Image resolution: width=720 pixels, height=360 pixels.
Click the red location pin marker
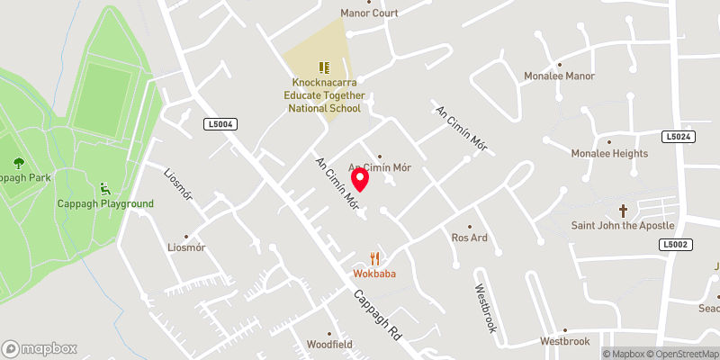click(x=360, y=179)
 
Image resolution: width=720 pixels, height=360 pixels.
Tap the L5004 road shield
click(x=220, y=124)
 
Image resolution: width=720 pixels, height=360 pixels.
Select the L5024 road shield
click(x=679, y=137)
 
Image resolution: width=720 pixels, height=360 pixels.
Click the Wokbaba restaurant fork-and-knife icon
click(x=375, y=259)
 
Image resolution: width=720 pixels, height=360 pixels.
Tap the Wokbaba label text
click(x=375, y=274)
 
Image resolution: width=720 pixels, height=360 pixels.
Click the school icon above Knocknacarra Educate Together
click(x=324, y=67)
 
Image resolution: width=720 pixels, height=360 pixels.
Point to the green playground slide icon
click(x=106, y=189)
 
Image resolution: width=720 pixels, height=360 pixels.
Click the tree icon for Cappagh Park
click(x=19, y=163)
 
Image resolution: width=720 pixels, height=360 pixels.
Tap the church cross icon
click(x=622, y=209)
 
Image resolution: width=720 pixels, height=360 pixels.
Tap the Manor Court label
click(x=368, y=13)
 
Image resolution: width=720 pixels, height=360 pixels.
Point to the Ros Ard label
click(x=469, y=238)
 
